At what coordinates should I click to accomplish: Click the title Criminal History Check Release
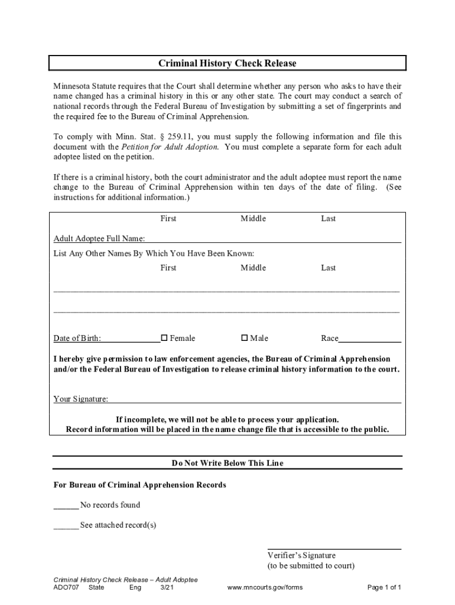(227, 63)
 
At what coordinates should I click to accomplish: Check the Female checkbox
(165, 338)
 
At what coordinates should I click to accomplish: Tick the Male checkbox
(245, 338)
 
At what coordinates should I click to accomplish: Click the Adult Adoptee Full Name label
(99, 239)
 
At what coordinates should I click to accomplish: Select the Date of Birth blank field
(130, 339)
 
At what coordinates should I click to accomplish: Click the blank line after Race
(370, 339)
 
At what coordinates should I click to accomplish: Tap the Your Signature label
(81, 399)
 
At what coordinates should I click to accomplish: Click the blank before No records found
(66, 505)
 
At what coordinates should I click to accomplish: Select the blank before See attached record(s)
(66, 525)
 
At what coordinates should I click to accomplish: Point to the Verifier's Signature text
(301, 555)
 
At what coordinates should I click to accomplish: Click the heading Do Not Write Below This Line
(227, 463)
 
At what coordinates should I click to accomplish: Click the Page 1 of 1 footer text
(384, 588)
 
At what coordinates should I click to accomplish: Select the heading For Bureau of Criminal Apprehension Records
(139, 485)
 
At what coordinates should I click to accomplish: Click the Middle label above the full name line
(253, 219)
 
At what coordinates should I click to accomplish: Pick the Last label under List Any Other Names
(328, 268)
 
